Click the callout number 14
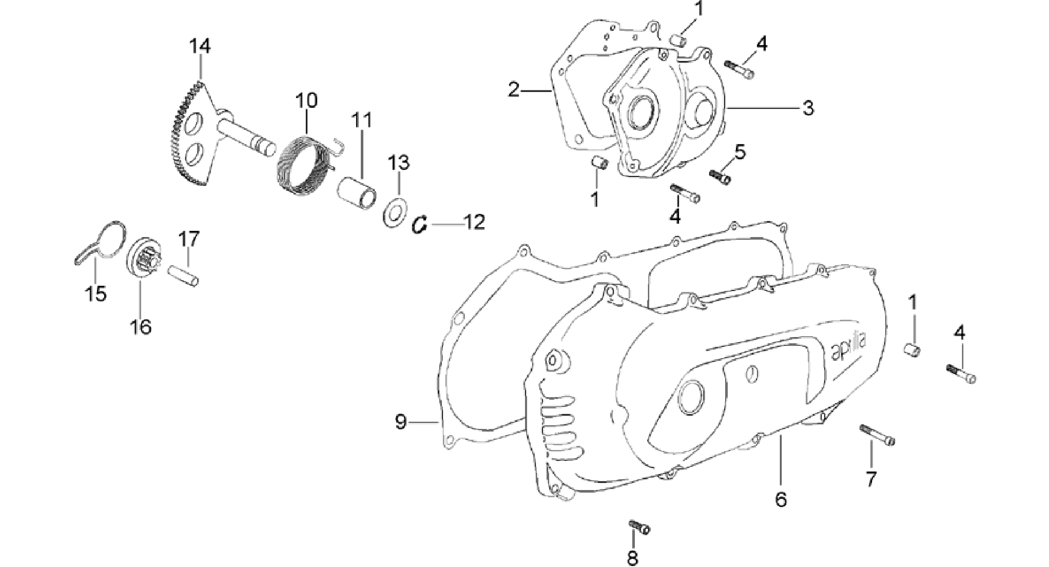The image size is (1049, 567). [x=200, y=46]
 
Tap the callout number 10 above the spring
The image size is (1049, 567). [x=306, y=100]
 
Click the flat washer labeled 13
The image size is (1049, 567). [x=395, y=211]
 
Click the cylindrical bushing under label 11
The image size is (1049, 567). [x=358, y=192]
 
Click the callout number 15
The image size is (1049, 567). [x=96, y=294]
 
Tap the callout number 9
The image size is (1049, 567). [x=401, y=422]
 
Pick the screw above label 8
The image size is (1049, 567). [x=639, y=526]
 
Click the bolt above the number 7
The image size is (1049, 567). [x=878, y=435]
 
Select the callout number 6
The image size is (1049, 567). [x=781, y=499]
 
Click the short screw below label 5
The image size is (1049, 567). [x=720, y=177]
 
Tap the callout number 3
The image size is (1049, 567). [x=808, y=108]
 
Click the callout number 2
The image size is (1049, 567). [x=514, y=90]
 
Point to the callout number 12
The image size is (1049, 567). [x=474, y=222]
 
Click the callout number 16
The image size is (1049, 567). [x=141, y=326]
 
